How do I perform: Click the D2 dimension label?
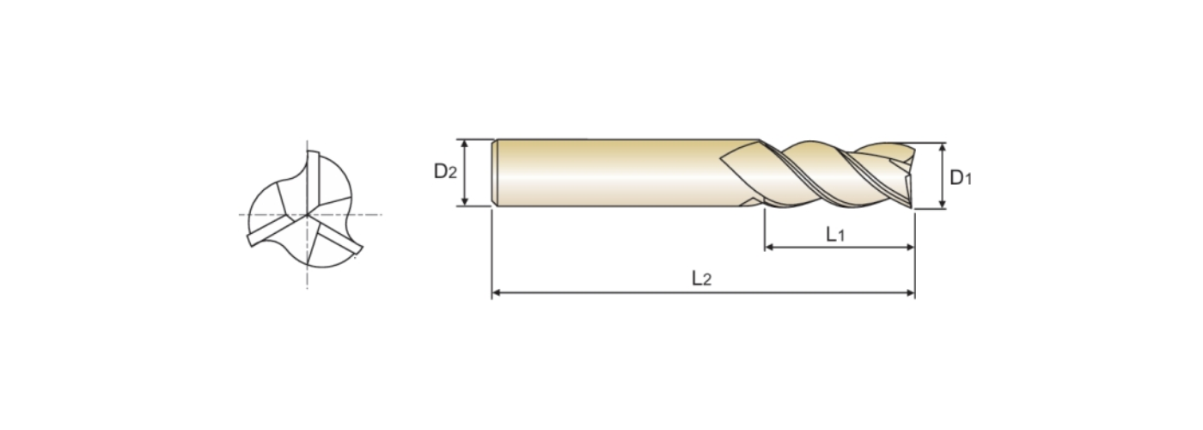click(x=445, y=171)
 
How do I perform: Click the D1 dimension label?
click(x=961, y=178)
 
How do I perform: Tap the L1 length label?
click(x=835, y=234)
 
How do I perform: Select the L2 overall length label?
click(x=701, y=279)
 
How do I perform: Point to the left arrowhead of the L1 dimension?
click(x=769, y=248)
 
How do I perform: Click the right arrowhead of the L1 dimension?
click(x=910, y=248)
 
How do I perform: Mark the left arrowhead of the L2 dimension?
click(x=497, y=292)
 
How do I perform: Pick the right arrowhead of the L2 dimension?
click(x=910, y=292)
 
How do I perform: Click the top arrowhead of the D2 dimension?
click(x=465, y=144)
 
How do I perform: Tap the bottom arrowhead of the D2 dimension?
click(x=465, y=201)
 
